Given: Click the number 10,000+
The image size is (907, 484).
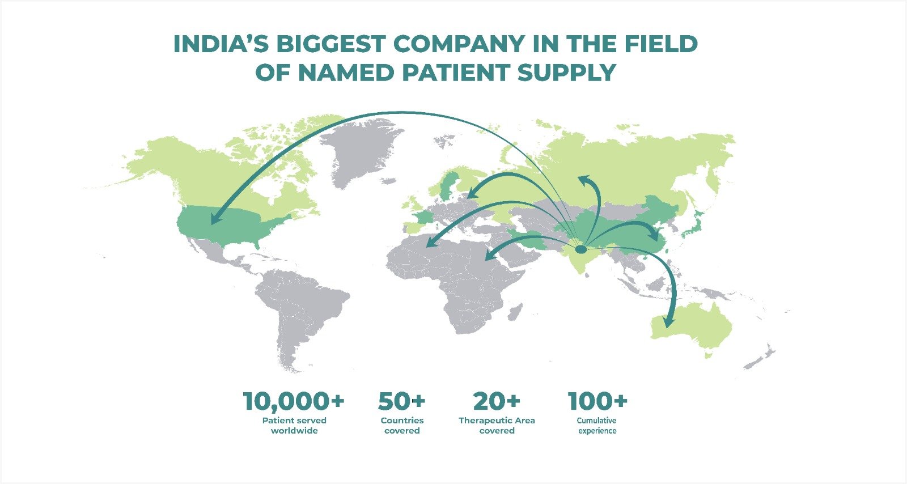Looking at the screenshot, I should [x=294, y=401].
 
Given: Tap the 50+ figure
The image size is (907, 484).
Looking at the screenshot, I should [x=402, y=401].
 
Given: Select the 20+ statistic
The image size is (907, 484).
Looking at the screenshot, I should [x=497, y=401].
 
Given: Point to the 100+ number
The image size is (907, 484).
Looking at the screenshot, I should [x=597, y=401].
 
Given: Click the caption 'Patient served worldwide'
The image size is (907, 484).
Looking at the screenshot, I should [x=294, y=426].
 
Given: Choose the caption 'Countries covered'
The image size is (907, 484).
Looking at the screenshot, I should [x=402, y=426].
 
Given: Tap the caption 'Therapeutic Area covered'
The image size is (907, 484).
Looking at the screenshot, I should [x=497, y=426].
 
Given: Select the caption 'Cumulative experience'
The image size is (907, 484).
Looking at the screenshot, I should [x=597, y=426].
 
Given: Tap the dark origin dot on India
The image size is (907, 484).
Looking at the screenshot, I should [x=580, y=249].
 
